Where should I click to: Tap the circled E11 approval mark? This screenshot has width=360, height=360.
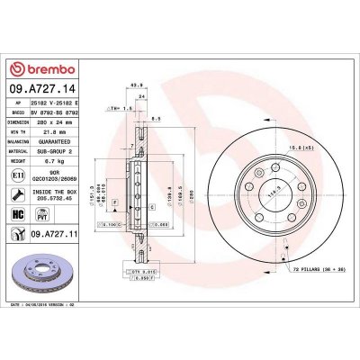coord(19,183)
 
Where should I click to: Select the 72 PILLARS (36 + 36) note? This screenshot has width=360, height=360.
coord(315,269)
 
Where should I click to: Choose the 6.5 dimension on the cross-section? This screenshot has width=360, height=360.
coord(157,117)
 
